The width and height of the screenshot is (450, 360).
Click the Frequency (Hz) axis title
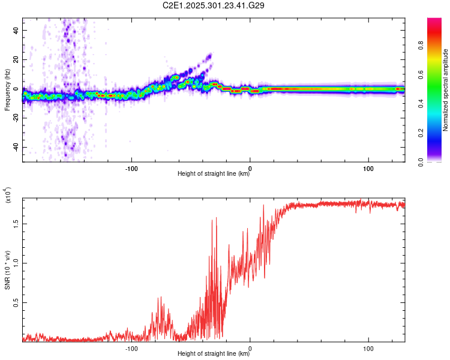[7, 90]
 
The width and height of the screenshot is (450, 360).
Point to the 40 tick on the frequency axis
[17, 30]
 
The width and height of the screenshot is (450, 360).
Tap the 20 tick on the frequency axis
[17, 59]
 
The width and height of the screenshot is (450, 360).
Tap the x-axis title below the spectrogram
[214, 174]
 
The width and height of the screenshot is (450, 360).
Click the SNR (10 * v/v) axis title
[7, 270]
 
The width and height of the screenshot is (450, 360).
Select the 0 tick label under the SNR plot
[250, 347]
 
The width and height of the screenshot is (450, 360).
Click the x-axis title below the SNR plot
[214, 353]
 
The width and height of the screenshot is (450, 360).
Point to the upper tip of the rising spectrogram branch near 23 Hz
[210, 55]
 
